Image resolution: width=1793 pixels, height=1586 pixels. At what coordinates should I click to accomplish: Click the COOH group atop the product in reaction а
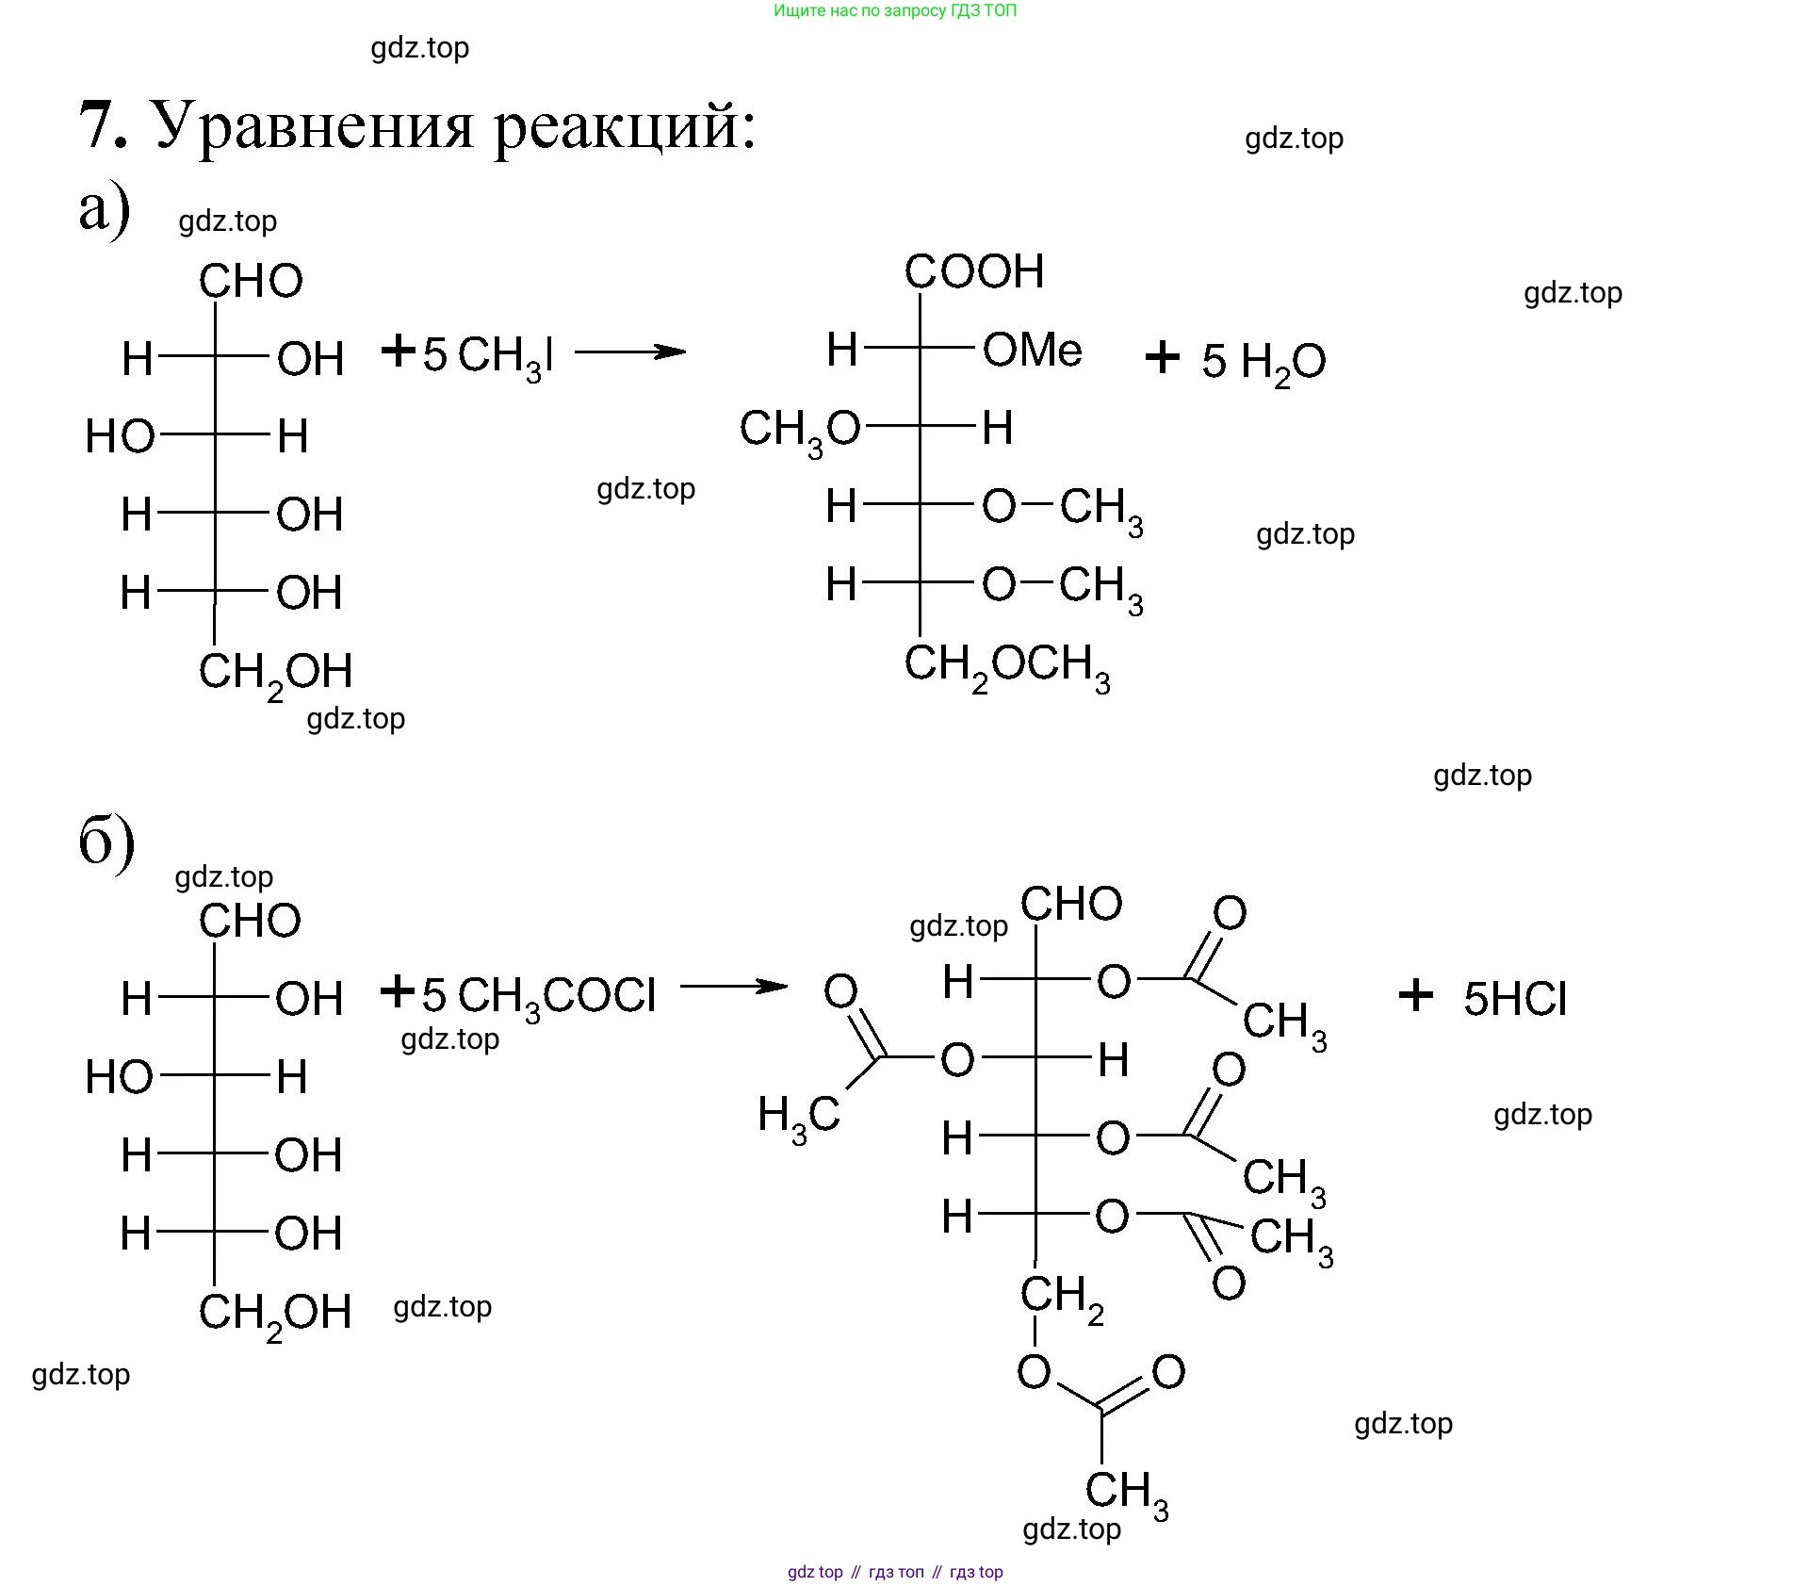pos(973,272)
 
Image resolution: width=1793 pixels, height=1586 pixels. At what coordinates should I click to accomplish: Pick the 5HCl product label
pos(1514,999)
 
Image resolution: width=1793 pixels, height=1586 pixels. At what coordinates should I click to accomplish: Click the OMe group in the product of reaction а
pos(1032,351)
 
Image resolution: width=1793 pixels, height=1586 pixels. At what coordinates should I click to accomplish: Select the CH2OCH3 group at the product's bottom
pos(1006,666)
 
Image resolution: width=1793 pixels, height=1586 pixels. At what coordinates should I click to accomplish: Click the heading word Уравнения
pos(312,125)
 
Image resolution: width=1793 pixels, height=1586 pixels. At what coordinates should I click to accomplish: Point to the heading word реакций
pos(625,125)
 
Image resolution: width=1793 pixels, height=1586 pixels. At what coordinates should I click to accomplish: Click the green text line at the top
pos(894,11)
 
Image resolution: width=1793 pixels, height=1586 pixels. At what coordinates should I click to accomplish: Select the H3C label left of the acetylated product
pos(798,1118)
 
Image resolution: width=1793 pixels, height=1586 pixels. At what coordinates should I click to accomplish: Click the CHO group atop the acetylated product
pos(1070,904)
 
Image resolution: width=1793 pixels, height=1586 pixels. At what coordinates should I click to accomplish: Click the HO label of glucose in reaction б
pos(119,1076)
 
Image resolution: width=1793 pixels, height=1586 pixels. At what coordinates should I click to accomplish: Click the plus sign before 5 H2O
pos(1162,358)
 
